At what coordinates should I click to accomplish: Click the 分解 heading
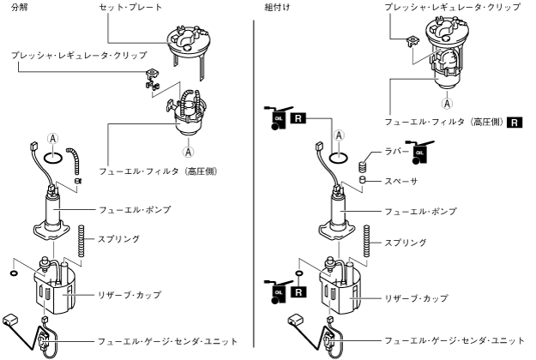point(19,7)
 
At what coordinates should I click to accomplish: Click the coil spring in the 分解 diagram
point(81,240)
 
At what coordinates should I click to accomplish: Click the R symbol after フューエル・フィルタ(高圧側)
point(516,123)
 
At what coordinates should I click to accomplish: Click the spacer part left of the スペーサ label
point(363,181)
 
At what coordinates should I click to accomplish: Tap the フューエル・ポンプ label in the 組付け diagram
point(420,211)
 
